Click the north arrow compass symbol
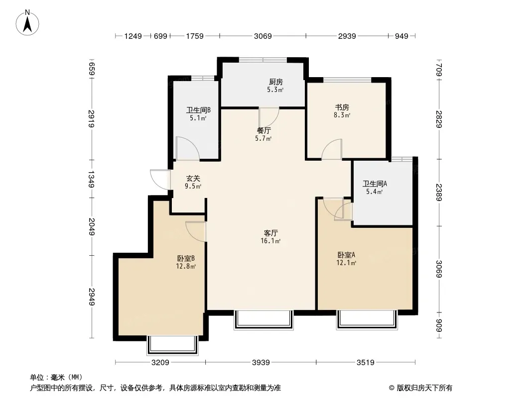(27, 23)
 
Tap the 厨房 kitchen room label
(275, 82)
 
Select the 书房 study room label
(342, 107)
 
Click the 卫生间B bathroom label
(198, 110)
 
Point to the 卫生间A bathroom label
(375, 184)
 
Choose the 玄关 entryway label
(193, 178)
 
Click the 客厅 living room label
(271, 233)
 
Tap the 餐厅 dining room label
(264, 130)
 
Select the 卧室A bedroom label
(346, 255)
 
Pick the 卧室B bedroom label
(186, 258)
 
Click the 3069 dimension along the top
(263, 36)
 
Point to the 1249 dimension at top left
(133, 36)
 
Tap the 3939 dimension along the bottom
(261, 363)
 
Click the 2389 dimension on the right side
(439, 192)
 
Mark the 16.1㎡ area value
(270, 241)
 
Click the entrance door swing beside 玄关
(160, 179)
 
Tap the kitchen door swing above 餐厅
(269, 117)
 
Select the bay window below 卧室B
(172, 345)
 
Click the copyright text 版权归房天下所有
(425, 388)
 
